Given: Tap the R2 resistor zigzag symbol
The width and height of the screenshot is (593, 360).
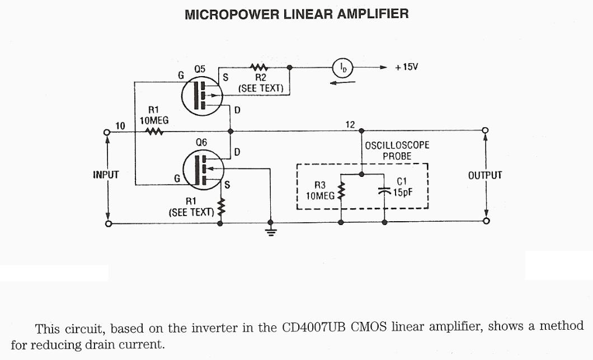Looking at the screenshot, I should [260, 67].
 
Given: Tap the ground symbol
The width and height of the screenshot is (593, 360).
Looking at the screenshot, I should [271, 231].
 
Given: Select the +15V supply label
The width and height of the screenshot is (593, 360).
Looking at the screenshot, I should [406, 67].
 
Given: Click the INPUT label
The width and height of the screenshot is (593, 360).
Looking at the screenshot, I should [106, 175].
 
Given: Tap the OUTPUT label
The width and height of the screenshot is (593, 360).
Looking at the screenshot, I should [485, 175].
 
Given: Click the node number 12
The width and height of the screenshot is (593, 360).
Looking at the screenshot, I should [350, 124].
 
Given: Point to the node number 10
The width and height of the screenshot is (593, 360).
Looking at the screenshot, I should [120, 125].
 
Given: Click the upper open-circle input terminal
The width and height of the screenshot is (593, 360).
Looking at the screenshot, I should [107, 132].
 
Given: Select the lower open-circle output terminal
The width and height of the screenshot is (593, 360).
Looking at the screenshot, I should [486, 222].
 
